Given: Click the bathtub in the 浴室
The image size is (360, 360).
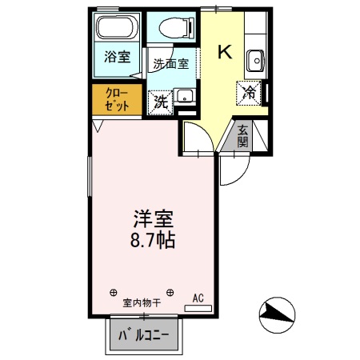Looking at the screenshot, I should (x=118, y=30).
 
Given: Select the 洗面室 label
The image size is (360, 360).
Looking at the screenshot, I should (x=171, y=64).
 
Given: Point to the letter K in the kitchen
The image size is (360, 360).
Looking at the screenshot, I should (x=226, y=53).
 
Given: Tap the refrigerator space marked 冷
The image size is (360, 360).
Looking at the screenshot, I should (x=250, y=92).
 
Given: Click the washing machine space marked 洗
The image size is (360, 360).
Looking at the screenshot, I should (x=162, y=102).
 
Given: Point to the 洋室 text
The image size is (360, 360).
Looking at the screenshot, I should (x=151, y=218).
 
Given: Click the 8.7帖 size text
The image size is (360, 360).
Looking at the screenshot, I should (x=152, y=239).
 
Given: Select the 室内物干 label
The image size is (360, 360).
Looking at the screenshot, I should (x=142, y=303).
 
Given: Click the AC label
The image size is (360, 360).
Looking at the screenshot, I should (x=198, y=297).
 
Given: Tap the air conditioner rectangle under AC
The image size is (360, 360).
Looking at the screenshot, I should (x=199, y=307).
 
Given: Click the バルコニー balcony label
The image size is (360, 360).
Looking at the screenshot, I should (x=144, y=335).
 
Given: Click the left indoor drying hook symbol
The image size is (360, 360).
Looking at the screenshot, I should (x=113, y=290).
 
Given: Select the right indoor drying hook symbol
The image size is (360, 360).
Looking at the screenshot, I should (x=173, y=290).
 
